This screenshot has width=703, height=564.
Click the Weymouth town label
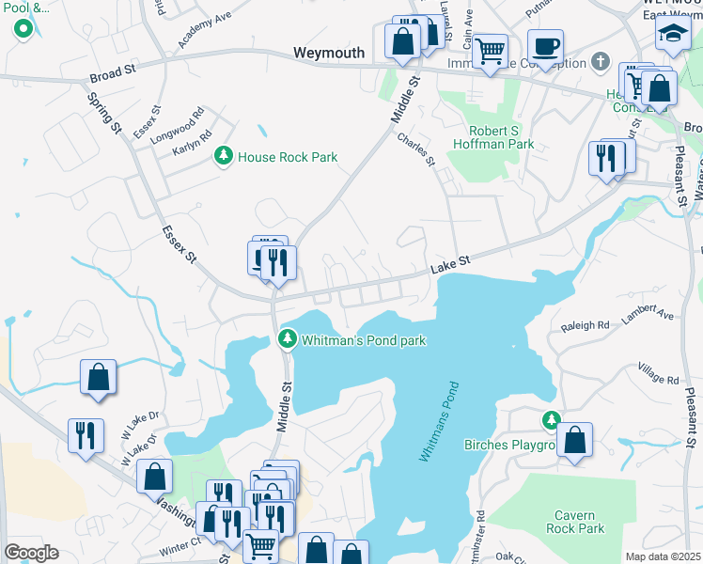pyautogui.click(x=328, y=54)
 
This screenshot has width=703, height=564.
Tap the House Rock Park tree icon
pyautogui.click(x=224, y=156)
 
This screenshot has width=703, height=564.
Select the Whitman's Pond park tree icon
pyautogui.click(x=287, y=338)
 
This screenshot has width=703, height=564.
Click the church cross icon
pyautogui.click(x=601, y=63)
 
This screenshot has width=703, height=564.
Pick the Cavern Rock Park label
pyautogui.click(x=574, y=522)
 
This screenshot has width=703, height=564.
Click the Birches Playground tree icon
pyautogui.click(x=552, y=419)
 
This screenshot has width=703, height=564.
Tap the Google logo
pyautogui.click(x=31, y=553)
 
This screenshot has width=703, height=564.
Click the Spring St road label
pyautogui.click(x=104, y=112)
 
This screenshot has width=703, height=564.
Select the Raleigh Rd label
pyautogui.click(x=585, y=325)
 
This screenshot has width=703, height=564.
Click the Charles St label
pyautogui.click(x=416, y=149)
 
